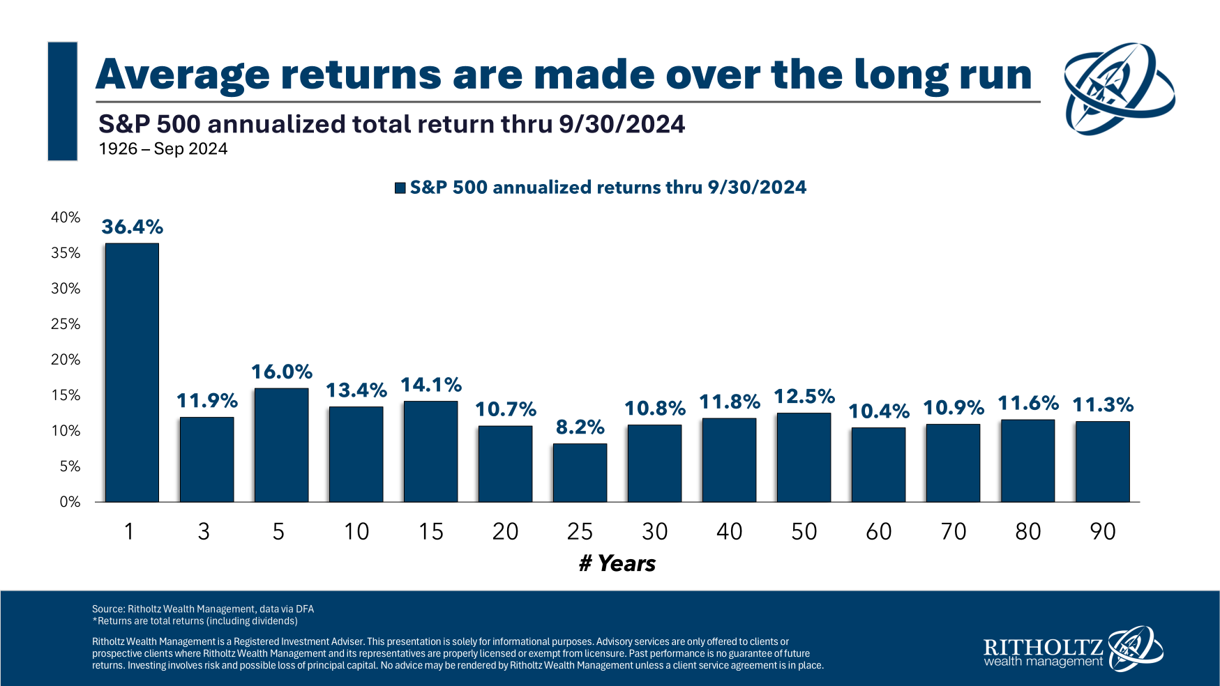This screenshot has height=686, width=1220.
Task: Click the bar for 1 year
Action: point(132,372)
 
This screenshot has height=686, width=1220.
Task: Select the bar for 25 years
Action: point(580,473)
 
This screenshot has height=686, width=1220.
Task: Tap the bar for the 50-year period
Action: point(804,457)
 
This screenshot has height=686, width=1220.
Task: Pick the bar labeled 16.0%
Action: point(281,445)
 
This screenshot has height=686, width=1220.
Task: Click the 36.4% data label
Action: point(132,227)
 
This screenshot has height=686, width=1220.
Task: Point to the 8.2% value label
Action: point(580,427)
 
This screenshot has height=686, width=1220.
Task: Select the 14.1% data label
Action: point(431,385)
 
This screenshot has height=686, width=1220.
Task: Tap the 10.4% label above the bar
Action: point(879,411)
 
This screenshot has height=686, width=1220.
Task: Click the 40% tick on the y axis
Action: point(66,218)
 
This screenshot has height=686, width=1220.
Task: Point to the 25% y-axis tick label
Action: point(66,324)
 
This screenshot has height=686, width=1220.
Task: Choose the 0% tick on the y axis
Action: point(70,502)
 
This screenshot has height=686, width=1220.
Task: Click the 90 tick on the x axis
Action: point(1103,532)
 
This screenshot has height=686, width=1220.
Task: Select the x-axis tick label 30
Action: point(654,532)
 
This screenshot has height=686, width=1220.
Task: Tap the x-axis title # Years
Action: point(617,563)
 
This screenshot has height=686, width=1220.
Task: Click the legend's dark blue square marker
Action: point(400,188)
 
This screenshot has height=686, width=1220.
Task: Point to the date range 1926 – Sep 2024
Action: point(163,149)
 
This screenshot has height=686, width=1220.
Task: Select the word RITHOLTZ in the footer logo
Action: point(1042,646)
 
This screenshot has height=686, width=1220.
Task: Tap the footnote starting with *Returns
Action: point(195,621)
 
